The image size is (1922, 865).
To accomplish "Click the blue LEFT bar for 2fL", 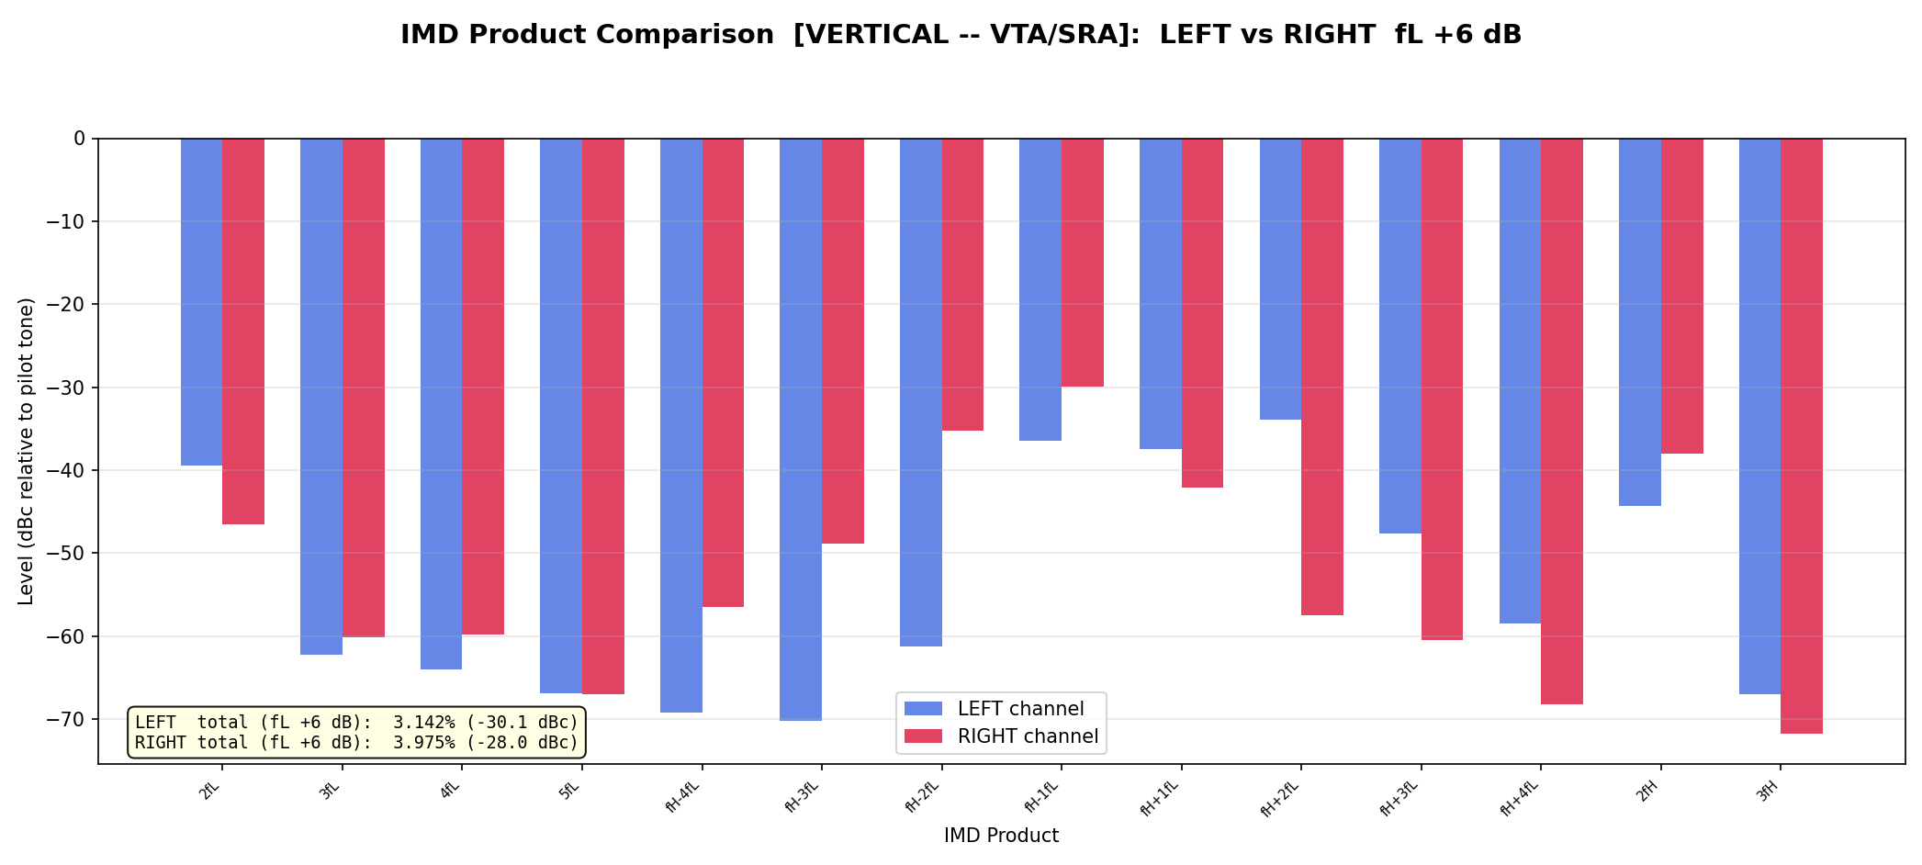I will tap(201, 301).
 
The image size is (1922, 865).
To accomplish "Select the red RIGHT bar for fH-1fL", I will tap(1083, 262).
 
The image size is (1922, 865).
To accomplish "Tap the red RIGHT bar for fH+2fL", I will tap(1322, 376).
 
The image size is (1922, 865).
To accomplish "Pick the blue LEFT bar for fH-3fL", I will tap(801, 429).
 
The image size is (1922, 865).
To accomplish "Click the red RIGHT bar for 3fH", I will tap(1802, 435).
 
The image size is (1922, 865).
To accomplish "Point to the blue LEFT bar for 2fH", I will tap(1640, 321).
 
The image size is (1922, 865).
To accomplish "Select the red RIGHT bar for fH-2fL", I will tap(962, 284).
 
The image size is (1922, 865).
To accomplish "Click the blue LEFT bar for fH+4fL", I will tap(1520, 380).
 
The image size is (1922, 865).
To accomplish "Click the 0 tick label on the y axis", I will tap(79, 139).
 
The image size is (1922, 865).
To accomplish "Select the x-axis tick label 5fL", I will tap(570, 791).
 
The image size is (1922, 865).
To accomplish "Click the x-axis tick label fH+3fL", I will tap(1399, 796).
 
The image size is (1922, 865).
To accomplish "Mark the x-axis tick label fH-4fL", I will tap(681, 796).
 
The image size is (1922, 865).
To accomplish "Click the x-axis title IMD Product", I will tap(1001, 836).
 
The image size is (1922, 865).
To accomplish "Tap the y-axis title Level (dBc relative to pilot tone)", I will tap(26, 451).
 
